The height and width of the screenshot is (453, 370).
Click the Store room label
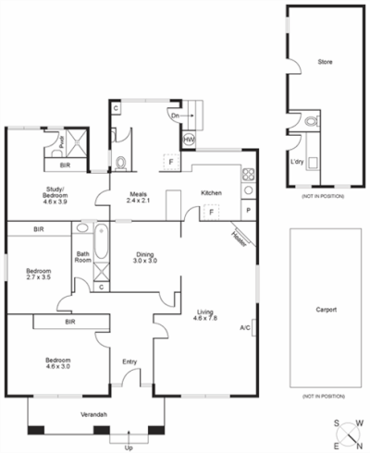pyautogui.click(x=325, y=63)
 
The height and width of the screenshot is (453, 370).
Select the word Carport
pyautogui.click(x=325, y=310)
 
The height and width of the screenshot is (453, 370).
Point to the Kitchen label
pyautogui.click(x=212, y=192)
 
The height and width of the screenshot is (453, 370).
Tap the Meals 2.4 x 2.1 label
pyautogui.click(x=139, y=197)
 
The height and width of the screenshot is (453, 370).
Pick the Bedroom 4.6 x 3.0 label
pyautogui.click(x=56, y=363)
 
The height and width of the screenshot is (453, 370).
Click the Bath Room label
pyautogui.click(x=82, y=258)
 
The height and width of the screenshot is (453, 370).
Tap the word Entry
pyautogui.click(x=129, y=361)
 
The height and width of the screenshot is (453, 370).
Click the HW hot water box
pyautogui.click(x=189, y=140)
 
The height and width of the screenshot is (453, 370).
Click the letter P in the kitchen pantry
pyautogui.click(x=248, y=211)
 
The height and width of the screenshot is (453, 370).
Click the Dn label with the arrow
pyautogui.click(x=175, y=116)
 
